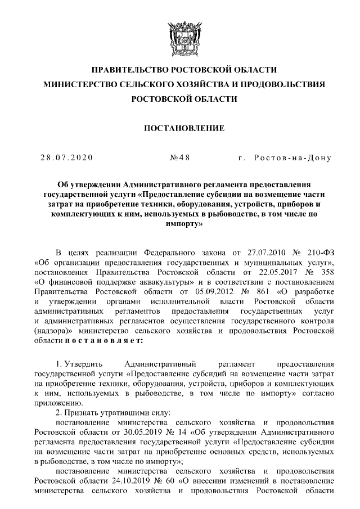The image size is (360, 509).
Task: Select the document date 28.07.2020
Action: [x=66, y=157]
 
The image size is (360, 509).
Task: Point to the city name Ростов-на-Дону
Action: [x=292, y=157]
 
